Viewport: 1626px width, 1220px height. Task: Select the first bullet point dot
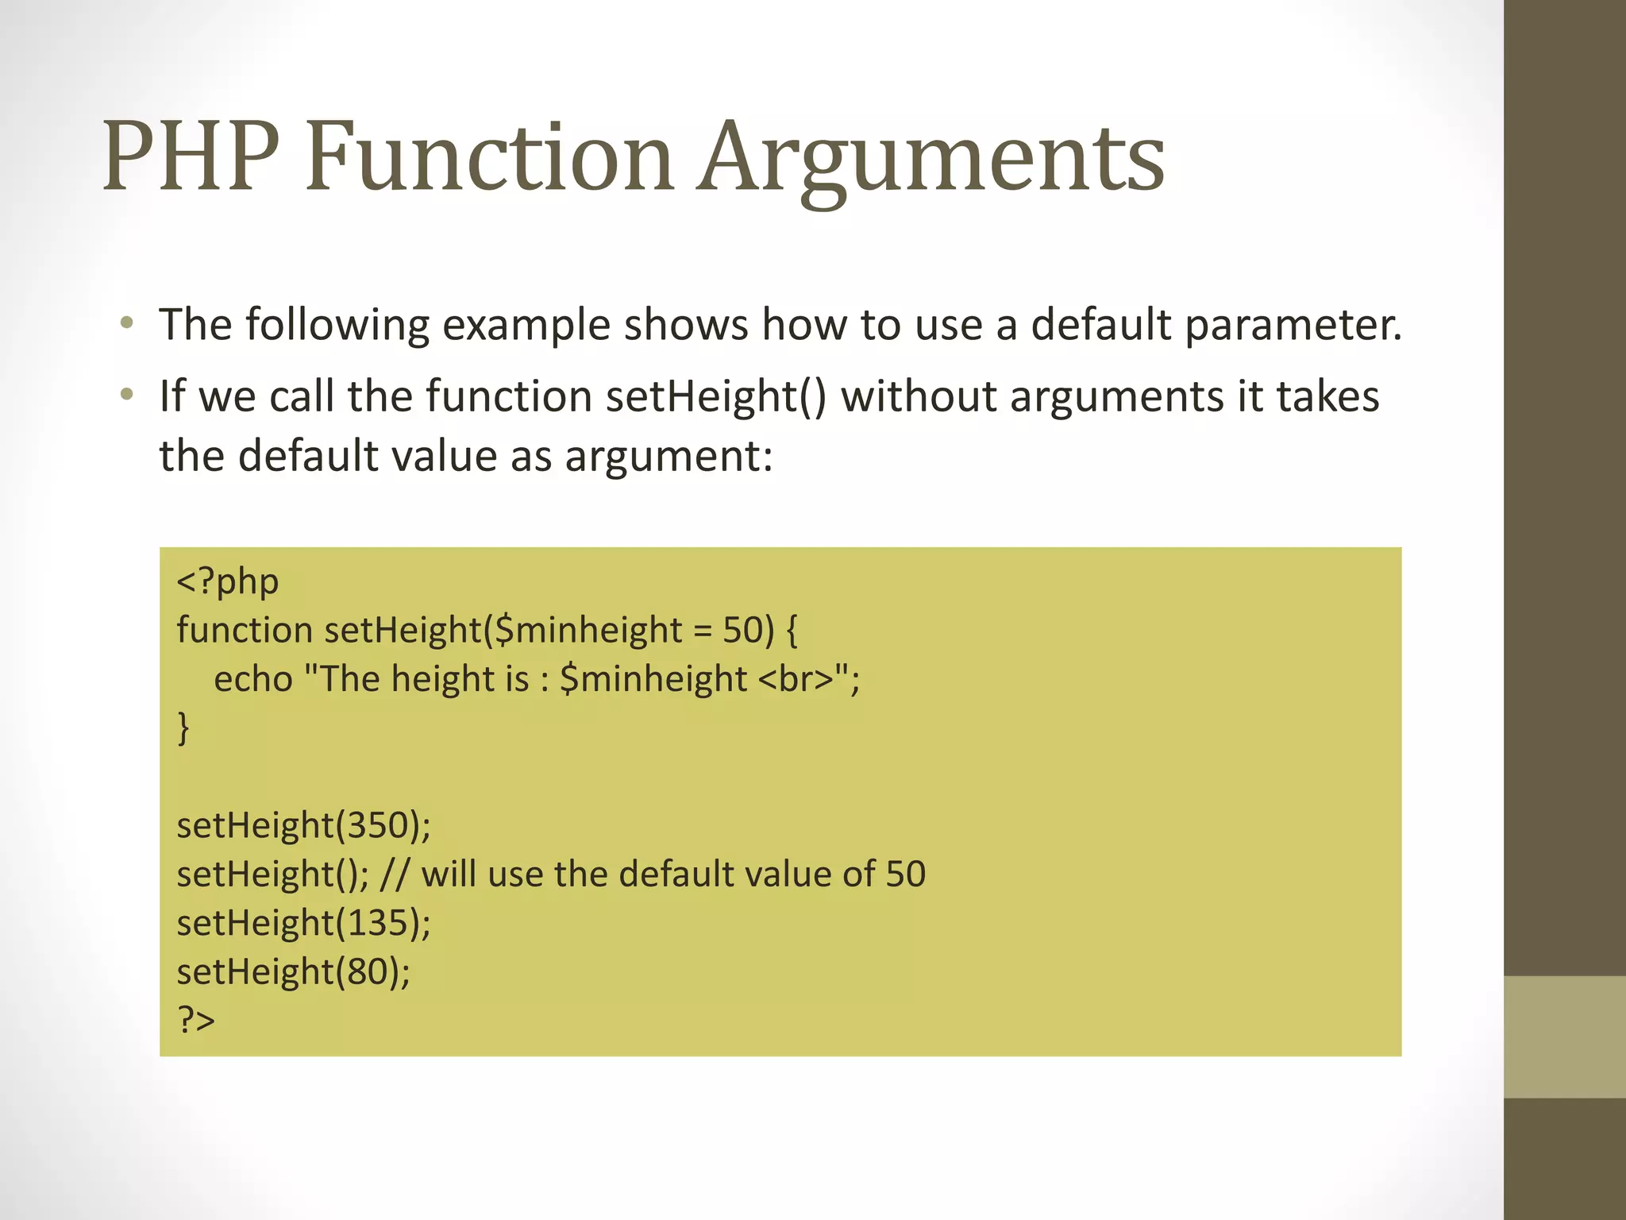tap(126, 323)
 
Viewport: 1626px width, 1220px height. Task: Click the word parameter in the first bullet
tap(1293, 326)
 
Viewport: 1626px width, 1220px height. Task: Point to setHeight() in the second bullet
tap(715, 396)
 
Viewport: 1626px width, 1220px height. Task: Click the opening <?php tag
tap(227, 581)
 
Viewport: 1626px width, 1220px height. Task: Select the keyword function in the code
tap(245, 631)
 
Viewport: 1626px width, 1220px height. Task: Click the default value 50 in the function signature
tap(742, 631)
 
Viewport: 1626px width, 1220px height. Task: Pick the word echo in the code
tap(252, 680)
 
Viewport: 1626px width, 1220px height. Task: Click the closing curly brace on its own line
tap(183, 728)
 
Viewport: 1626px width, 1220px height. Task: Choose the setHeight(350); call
tap(303, 826)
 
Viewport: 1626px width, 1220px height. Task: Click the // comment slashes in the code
tap(394, 874)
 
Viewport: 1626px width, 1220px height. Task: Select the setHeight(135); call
tap(303, 924)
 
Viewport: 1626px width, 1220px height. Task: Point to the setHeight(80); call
tap(293, 972)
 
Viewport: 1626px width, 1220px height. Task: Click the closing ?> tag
tap(195, 1021)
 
